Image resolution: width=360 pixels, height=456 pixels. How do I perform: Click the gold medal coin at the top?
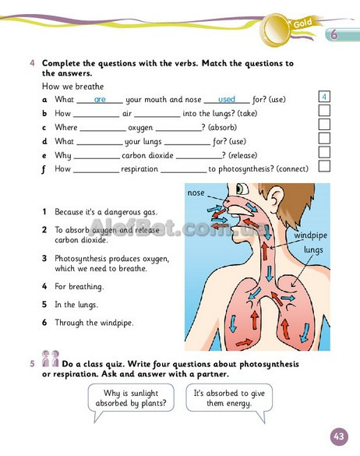[x=277, y=30]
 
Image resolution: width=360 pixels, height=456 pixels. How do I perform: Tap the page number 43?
[x=339, y=437]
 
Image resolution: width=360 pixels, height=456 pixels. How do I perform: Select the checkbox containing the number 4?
[x=324, y=97]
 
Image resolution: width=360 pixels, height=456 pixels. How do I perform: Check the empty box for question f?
[x=324, y=166]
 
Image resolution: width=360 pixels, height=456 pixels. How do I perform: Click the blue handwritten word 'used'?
[x=227, y=100]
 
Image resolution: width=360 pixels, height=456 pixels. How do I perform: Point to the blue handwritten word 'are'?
[x=100, y=100]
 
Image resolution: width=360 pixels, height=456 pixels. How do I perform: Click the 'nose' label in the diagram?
[x=196, y=193]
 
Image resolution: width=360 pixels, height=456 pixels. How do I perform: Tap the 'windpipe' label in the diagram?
[x=311, y=235]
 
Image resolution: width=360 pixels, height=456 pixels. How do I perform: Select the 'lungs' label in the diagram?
[x=313, y=250]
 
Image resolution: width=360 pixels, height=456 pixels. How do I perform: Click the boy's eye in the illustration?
[x=242, y=189]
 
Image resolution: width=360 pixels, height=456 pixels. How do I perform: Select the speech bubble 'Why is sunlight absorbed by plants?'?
[x=131, y=398]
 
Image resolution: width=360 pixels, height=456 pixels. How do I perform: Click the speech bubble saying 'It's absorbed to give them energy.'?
[x=229, y=398]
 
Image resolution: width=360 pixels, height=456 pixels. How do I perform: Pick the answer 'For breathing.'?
[x=79, y=287]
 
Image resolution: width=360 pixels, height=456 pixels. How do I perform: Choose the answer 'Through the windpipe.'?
[x=94, y=323]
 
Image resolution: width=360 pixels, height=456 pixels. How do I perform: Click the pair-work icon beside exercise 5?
[x=51, y=359]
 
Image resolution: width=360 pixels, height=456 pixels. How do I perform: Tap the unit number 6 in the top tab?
[x=334, y=34]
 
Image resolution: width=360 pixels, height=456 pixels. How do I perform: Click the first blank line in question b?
[x=97, y=117]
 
